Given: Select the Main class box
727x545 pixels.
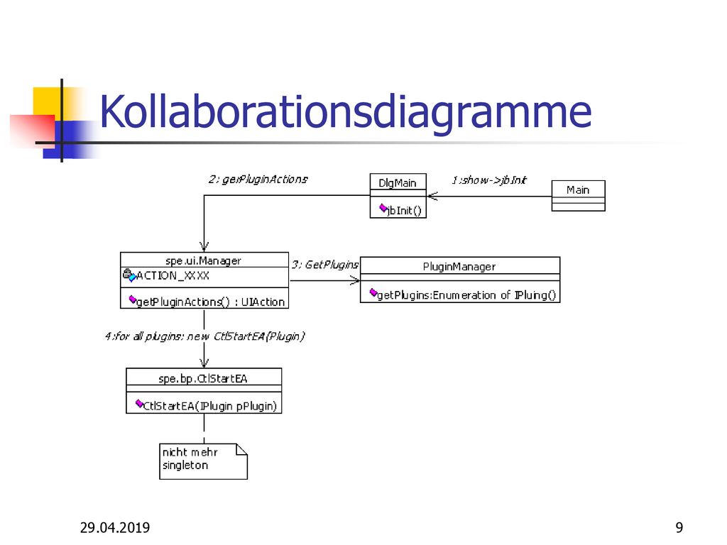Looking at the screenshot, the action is pyautogui.click(x=578, y=196).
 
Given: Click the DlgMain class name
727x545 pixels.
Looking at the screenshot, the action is pyautogui.click(x=398, y=183).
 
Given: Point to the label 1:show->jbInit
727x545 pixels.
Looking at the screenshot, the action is pyautogui.click(x=489, y=180).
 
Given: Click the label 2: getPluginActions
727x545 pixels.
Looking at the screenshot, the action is pyautogui.click(x=258, y=179).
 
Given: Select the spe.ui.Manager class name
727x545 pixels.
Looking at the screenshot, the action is pyautogui.click(x=203, y=261).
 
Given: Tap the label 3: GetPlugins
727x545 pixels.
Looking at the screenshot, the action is pyautogui.click(x=325, y=265).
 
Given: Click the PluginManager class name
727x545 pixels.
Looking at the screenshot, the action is pyautogui.click(x=459, y=267).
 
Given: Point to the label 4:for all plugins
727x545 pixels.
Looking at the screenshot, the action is pyautogui.click(x=204, y=336).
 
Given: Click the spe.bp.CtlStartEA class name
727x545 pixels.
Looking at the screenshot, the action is pyautogui.click(x=202, y=379).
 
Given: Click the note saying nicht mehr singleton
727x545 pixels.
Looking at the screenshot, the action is pyautogui.click(x=203, y=461).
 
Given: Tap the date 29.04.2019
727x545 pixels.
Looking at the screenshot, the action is pyautogui.click(x=115, y=527).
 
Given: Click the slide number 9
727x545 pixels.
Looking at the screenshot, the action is pyautogui.click(x=679, y=527).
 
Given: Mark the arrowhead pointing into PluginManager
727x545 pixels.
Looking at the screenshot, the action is pyautogui.click(x=355, y=280).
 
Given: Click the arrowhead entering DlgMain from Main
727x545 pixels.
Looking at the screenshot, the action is pyautogui.click(x=432, y=196).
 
